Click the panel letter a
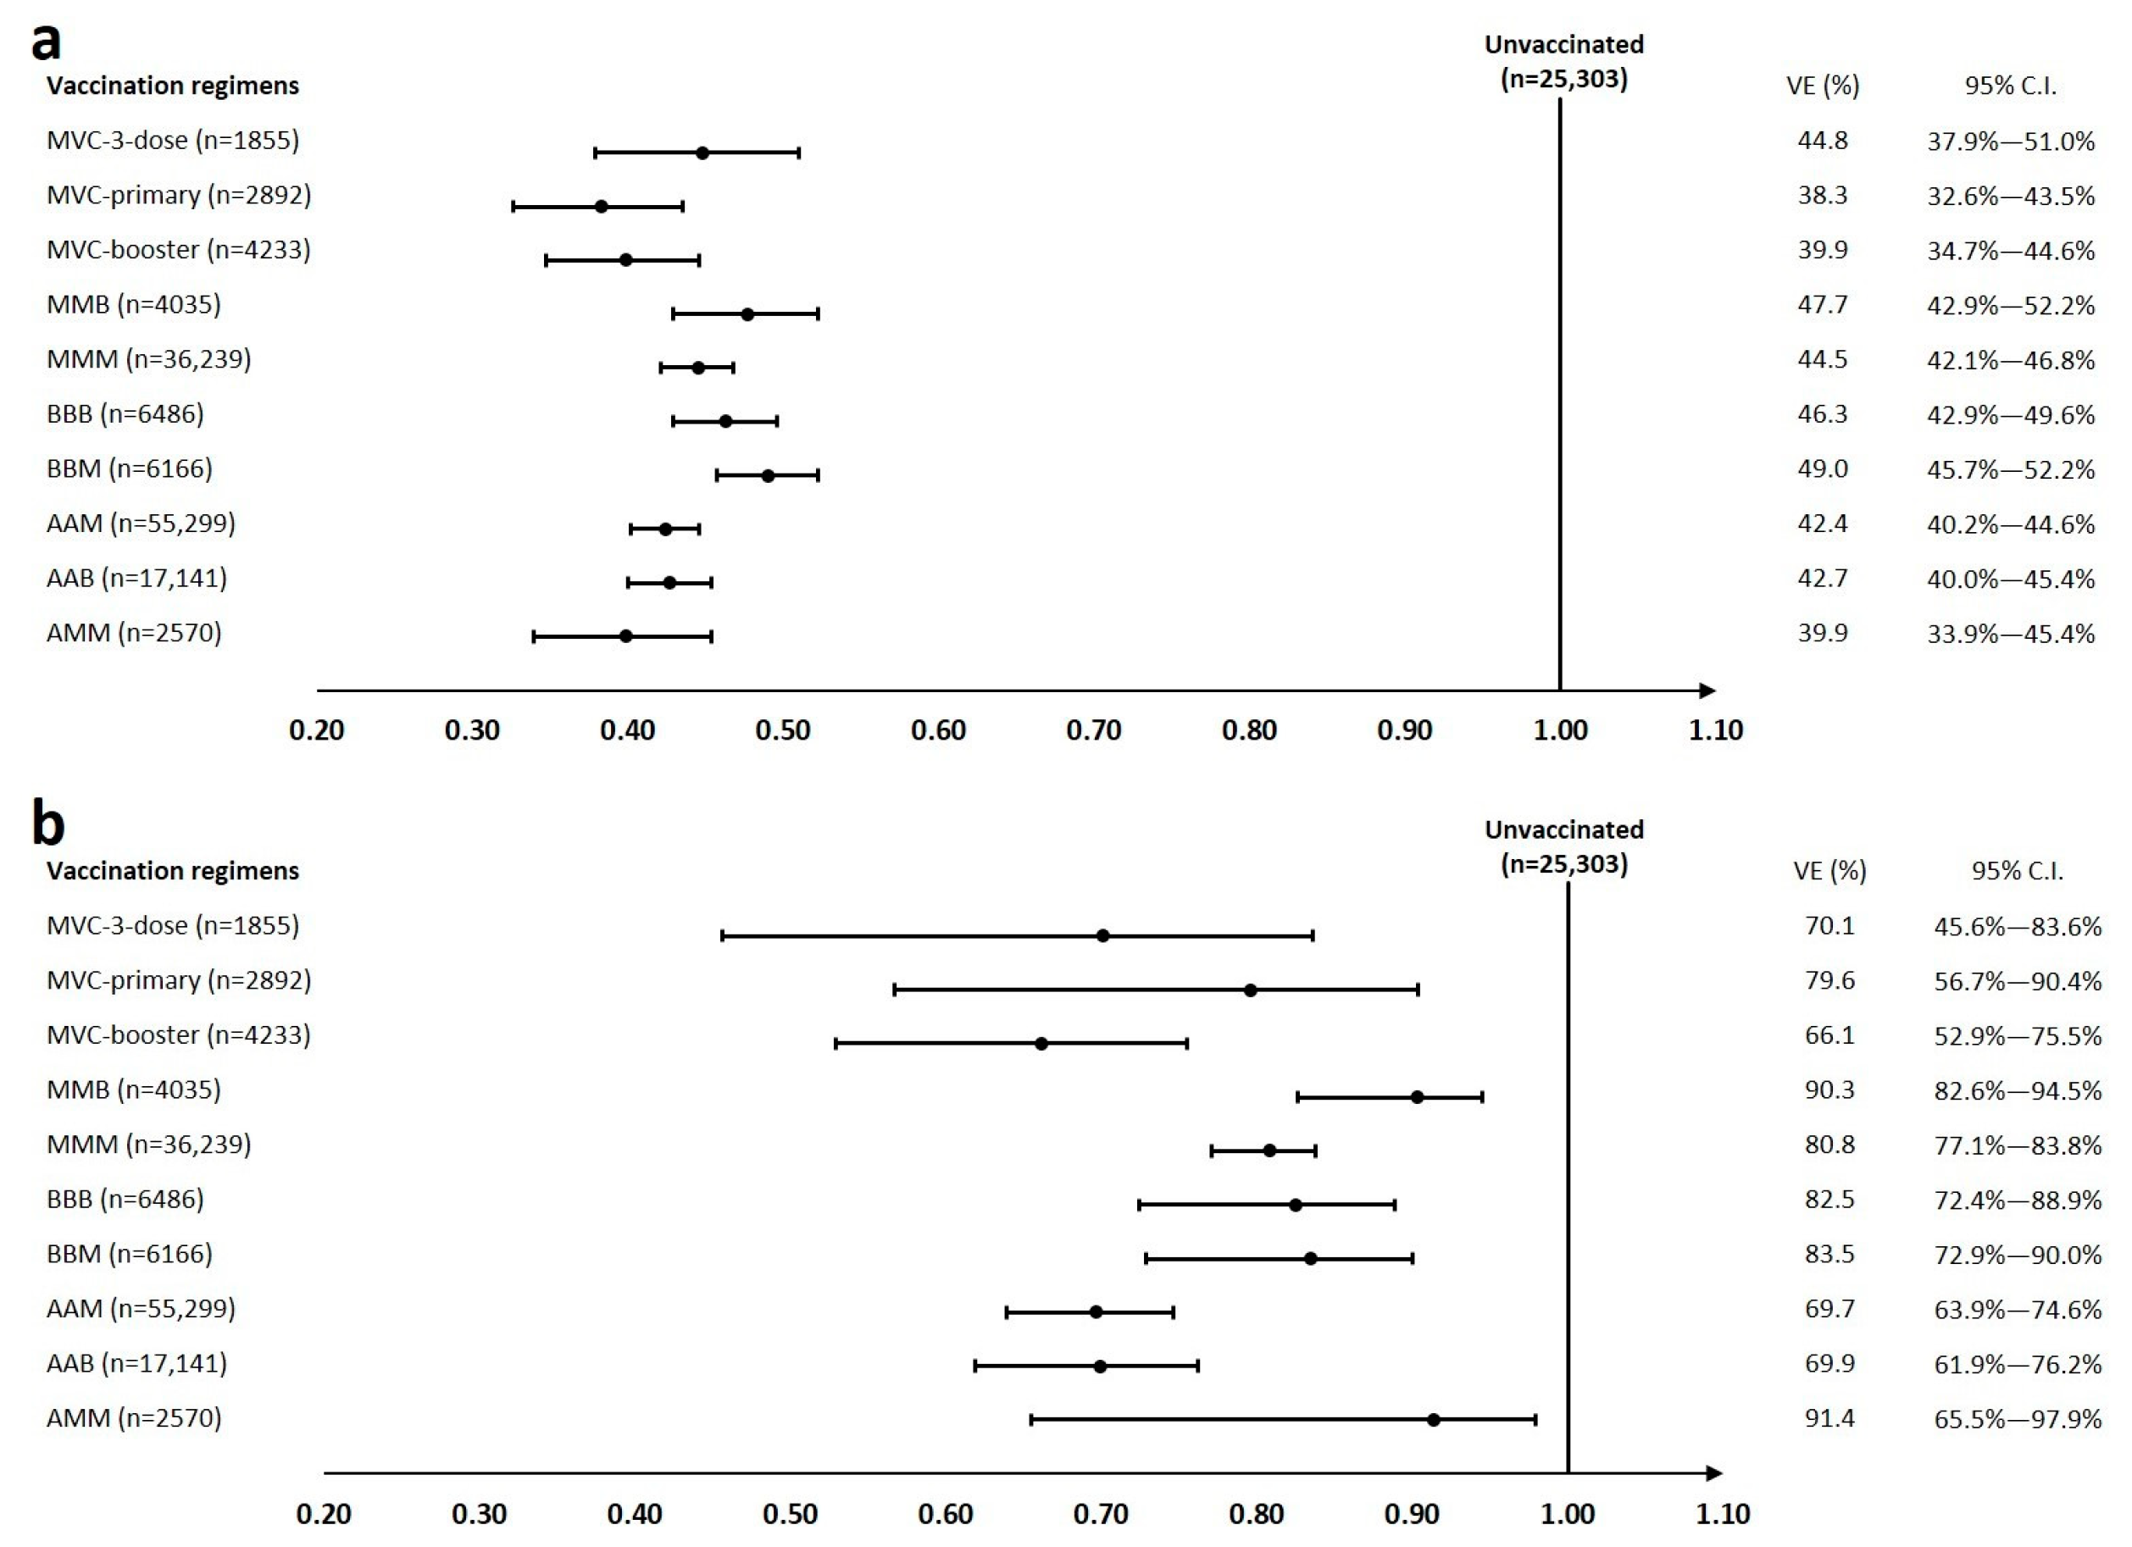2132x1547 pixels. click(x=46, y=42)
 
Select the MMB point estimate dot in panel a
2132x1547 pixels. click(x=747, y=314)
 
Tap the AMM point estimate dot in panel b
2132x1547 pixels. click(x=1434, y=1419)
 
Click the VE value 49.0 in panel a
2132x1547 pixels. click(x=1822, y=468)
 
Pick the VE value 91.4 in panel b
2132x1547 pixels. click(x=1829, y=1417)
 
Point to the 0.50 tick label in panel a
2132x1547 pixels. click(x=782, y=730)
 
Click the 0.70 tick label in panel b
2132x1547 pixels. click(x=1101, y=1514)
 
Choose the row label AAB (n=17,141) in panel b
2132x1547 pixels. click(x=136, y=1363)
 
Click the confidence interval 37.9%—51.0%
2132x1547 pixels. click(x=2011, y=141)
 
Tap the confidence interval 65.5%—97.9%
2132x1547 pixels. click(x=2018, y=1418)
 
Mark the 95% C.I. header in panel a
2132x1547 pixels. click(x=2010, y=86)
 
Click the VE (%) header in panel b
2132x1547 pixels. click(x=1829, y=870)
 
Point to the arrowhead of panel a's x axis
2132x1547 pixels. click(x=1708, y=690)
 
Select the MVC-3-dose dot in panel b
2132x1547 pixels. click(x=1102, y=935)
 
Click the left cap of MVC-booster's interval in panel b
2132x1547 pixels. click(x=836, y=1043)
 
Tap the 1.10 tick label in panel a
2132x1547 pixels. click(x=1716, y=730)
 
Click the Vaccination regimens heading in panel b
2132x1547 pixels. click(x=173, y=870)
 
